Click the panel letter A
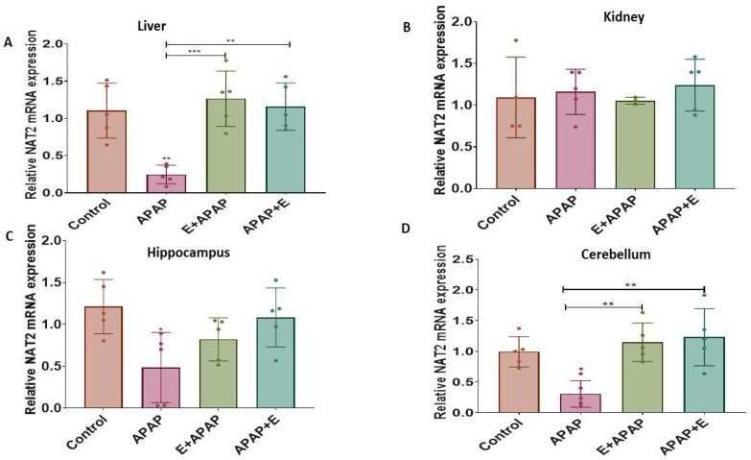point(9,41)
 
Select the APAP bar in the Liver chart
point(166,183)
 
